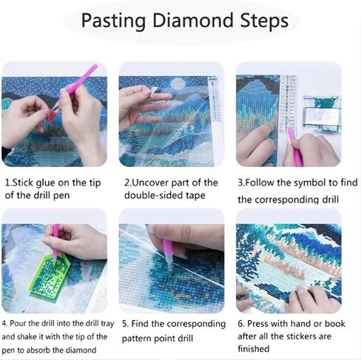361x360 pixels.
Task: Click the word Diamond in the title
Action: click(x=193, y=20)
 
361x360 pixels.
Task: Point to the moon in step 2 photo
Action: click(x=178, y=84)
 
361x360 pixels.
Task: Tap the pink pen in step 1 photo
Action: click(x=78, y=82)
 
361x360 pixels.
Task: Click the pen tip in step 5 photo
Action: click(x=170, y=268)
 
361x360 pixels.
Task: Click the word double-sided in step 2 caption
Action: click(x=152, y=195)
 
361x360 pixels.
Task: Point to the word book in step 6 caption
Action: click(x=334, y=324)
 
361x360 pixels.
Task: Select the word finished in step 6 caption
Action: click(x=254, y=349)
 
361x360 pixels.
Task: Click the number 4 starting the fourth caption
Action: click(x=4, y=324)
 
